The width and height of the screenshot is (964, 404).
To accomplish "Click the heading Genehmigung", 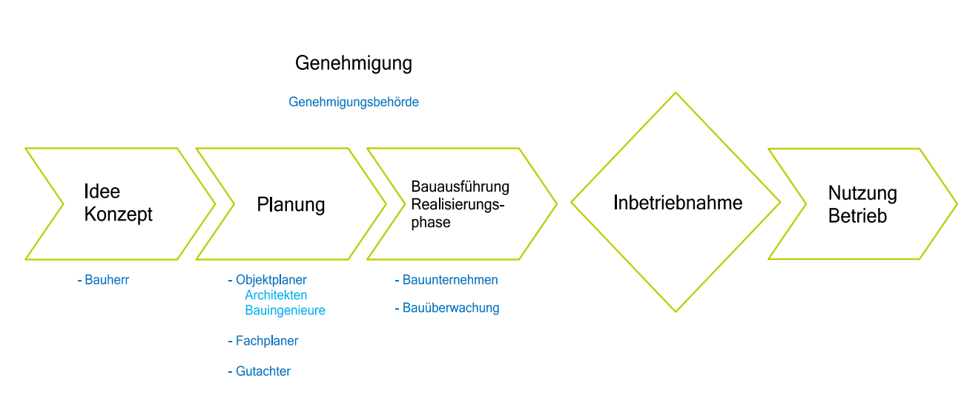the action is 353,63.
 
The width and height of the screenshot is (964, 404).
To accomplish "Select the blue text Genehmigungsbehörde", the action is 354,102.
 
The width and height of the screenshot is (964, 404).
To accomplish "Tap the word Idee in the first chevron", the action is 102,192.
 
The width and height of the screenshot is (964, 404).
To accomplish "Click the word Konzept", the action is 119,215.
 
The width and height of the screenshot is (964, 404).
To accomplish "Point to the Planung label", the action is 291,204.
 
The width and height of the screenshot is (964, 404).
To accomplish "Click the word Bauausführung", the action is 460,186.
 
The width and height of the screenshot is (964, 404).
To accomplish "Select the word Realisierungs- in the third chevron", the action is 458,204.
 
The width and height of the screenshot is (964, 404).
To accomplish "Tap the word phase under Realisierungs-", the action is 431,222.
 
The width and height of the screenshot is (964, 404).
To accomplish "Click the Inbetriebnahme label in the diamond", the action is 678,202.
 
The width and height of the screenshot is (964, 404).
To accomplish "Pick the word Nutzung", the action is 862,194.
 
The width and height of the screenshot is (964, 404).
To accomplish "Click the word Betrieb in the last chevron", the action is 857,217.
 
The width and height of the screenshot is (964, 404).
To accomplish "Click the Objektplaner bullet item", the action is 271,280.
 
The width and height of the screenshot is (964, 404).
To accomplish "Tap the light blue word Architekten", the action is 276,296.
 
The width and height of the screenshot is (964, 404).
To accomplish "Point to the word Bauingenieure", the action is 285,310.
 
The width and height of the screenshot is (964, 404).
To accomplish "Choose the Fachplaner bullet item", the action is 266,341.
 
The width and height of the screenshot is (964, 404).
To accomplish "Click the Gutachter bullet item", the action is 263,371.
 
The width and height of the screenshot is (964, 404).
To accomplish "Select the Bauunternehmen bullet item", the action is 449,280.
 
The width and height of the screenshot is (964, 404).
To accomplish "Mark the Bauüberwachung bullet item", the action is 450,307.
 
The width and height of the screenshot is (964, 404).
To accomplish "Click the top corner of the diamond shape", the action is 676,94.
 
